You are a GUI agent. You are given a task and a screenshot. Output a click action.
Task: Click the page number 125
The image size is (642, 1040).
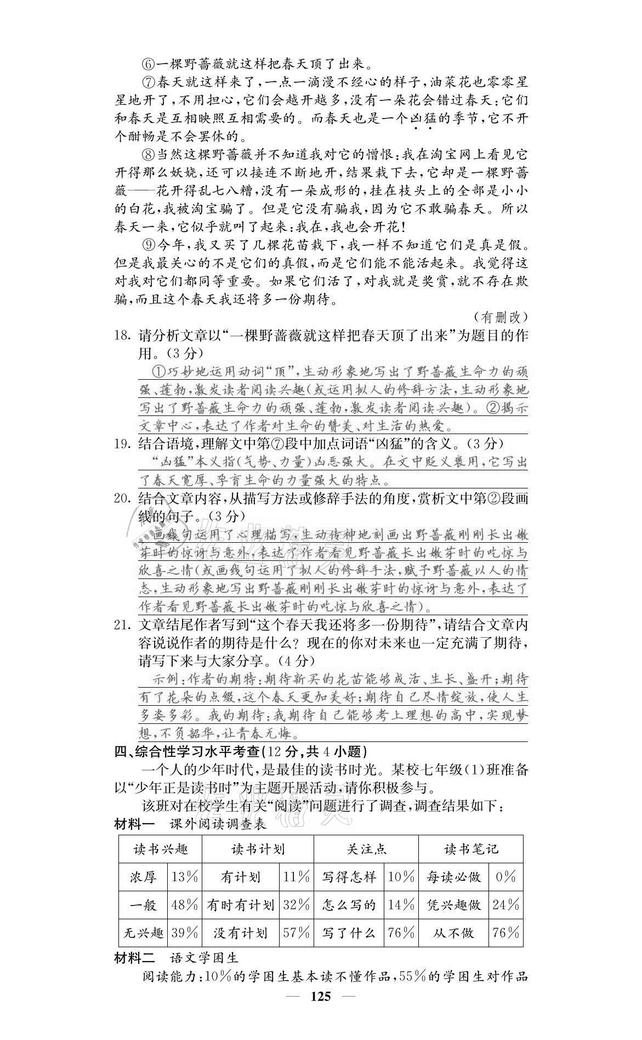(x=321, y=1027)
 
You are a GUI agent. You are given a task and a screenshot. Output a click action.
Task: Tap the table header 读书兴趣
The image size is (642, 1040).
(x=160, y=849)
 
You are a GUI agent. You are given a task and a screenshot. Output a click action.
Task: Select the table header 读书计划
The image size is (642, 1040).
(x=258, y=849)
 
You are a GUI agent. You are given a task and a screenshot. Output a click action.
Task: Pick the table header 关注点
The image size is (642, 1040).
(x=366, y=849)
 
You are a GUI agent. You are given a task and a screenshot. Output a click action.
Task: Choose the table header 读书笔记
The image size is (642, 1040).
(x=470, y=849)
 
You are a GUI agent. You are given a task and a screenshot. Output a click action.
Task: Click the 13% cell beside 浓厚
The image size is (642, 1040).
(x=184, y=876)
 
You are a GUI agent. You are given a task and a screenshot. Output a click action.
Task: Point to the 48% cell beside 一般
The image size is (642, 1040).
(x=184, y=904)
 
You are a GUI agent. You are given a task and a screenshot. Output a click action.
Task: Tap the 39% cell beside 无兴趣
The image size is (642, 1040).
(x=184, y=932)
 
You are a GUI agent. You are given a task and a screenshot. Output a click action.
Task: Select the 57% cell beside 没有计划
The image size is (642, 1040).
(x=297, y=932)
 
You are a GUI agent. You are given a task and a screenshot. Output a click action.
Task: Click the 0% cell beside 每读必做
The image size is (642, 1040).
(x=505, y=876)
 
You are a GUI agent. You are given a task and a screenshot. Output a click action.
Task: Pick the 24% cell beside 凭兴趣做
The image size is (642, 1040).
(x=505, y=904)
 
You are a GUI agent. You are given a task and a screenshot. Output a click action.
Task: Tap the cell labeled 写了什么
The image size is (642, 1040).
(x=349, y=932)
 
